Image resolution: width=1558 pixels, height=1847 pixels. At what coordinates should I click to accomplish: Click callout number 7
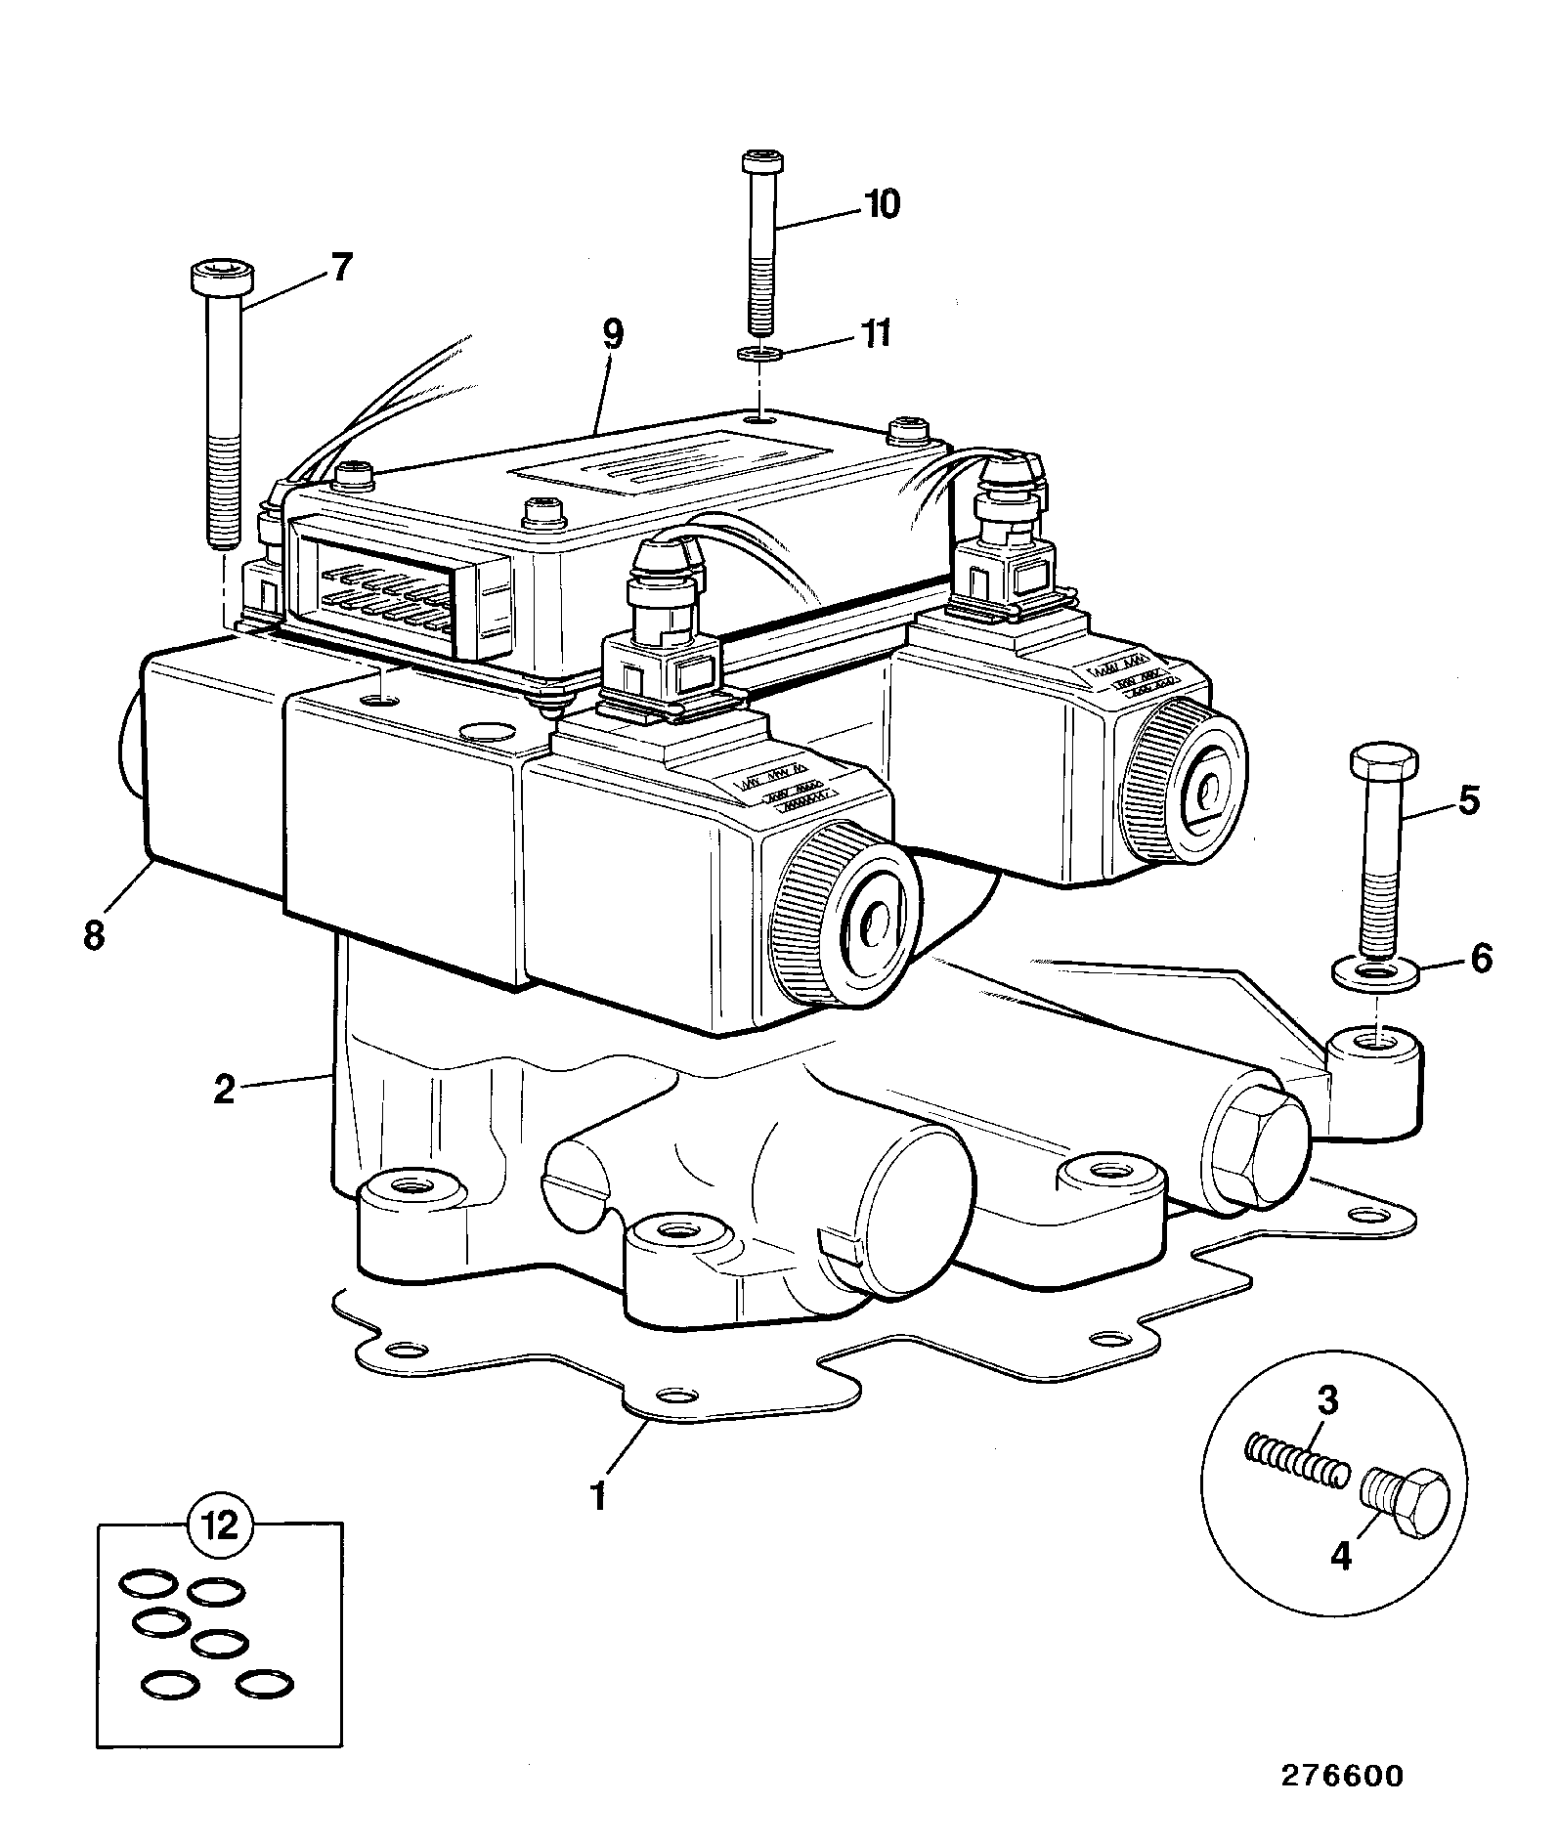pyautogui.click(x=339, y=267)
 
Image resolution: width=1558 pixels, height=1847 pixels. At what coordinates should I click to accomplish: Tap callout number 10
pyautogui.click(x=882, y=204)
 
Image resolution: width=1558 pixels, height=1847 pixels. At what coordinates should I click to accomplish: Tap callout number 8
pyautogui.click(x=93, y=935)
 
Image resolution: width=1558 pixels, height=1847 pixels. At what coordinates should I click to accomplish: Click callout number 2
pyautogui.click(x=225, y=1089)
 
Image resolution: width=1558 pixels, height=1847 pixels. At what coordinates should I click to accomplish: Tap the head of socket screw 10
pyautogui.click(x=759, y=160)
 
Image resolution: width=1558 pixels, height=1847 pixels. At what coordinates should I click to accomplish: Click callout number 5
pyautogui.click(x=1468, y=800)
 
